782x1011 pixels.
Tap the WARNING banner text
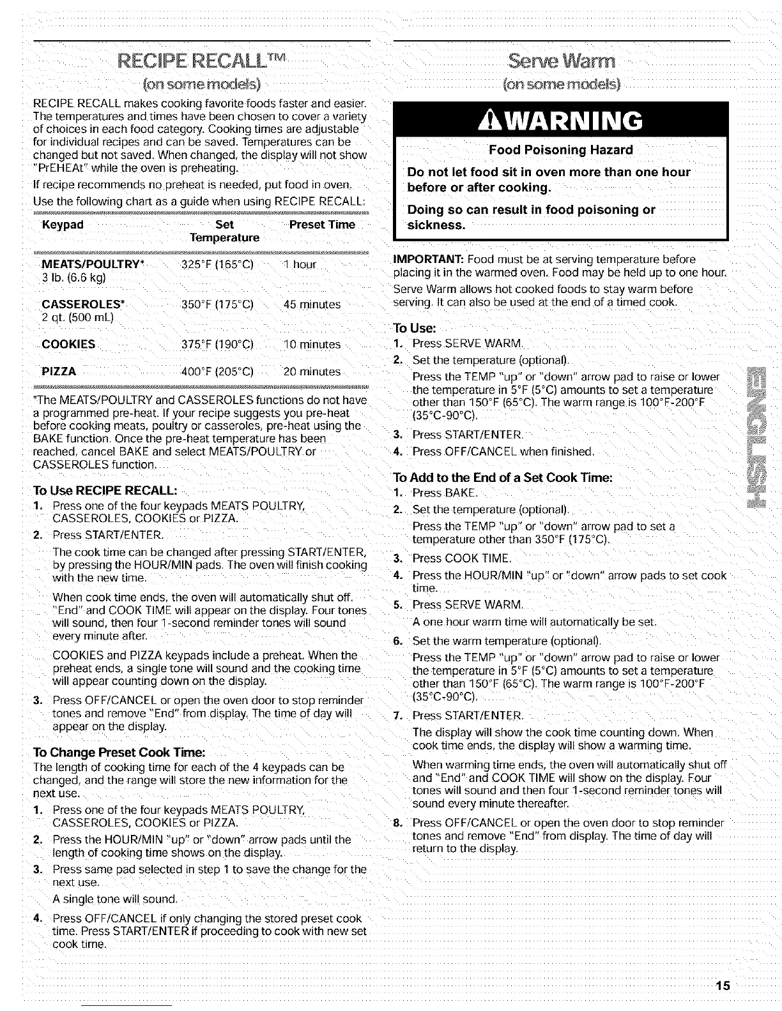(x=560, y=121)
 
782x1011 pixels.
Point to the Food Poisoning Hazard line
(x=560, y=150)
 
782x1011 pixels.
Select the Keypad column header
(x=63, y=225)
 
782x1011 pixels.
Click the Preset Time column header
(x=322, y=225)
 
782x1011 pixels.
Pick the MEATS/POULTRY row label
(x=93, y=265)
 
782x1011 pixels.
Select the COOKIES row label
(x=68, y=345)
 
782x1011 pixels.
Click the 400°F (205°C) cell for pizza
(x=218, y=371)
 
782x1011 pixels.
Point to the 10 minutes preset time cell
(x=312, y=345)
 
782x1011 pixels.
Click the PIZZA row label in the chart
(x=59, y=371)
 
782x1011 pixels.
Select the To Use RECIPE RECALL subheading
(x=105, y=490)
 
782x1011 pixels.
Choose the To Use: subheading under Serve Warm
(x=415, y=329)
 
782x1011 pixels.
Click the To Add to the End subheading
(x=503, y=478)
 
